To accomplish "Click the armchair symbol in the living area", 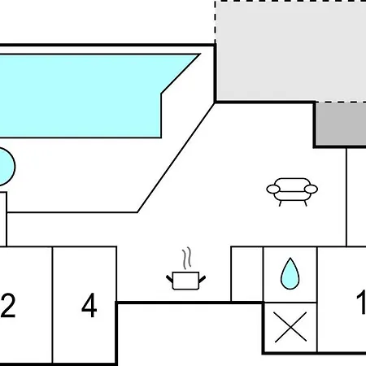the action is pyautogui.click(x=292, y=192).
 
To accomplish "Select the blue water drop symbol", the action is pyautogui.click(x=290, y=273).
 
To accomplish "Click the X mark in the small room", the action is pyautogui.click(x=290, y=327).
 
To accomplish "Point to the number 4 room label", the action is pyautogui.click(x=89, y=305).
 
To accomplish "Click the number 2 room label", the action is pyautogui.click(x=7, y=305).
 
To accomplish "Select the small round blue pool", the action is pyautogui.click(x=6, y=167).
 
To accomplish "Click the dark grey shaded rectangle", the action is pyautogui.click(x=341, y=124).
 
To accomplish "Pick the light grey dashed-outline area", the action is pyautogui.click(x=291, y=51).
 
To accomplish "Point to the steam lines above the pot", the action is pyautogui.click(x=187, y=258).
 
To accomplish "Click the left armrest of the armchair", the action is pyautogui.click(x=273, y=189).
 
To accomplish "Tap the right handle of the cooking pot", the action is pyautogui.click(x=203, y=279).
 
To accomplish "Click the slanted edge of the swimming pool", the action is pyautogui.click(x=181, y=74).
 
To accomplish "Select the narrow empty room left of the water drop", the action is pyautogui.click(x=247, y=274).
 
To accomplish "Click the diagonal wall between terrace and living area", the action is pyautogui.click(x=176, y=158).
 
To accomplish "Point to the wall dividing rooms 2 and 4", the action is pyautogui.click(x=52, y=305).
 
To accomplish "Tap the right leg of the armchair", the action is pyautogui.click(x=305, y=203).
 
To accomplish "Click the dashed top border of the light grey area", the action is pyautogui.click(x=290, y=2).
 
